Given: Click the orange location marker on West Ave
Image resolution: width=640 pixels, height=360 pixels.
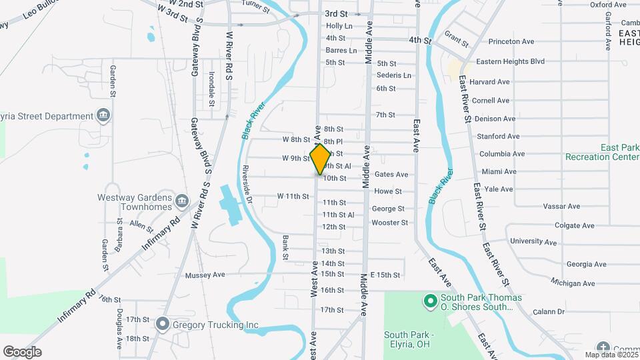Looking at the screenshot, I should [321, 159].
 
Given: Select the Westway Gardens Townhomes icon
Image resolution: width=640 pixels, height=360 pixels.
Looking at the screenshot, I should [181, 201].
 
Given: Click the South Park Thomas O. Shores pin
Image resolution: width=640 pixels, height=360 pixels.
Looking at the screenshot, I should [431, 301].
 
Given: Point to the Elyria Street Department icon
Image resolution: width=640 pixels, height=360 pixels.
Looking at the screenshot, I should [103, 116].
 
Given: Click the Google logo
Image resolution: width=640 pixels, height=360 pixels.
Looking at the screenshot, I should [22, 352].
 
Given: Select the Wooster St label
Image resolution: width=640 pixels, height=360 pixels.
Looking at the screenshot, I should [389, 223].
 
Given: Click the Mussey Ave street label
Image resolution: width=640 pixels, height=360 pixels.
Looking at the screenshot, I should [205, 275].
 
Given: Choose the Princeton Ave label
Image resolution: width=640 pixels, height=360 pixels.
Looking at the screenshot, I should [511, 41].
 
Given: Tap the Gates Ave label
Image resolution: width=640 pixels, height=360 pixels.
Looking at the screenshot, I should [391, 175].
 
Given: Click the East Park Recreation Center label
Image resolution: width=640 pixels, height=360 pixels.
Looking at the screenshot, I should [602, 152].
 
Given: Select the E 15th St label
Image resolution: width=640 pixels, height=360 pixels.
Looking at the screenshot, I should [385, 275].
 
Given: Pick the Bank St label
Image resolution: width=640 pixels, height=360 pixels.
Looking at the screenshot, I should [285, 247].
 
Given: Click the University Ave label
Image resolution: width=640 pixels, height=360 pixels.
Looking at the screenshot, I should [532, 241].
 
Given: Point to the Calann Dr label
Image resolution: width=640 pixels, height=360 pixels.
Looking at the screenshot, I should [549, 311].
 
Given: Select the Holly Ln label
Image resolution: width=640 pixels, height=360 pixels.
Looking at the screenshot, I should [339, 26].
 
